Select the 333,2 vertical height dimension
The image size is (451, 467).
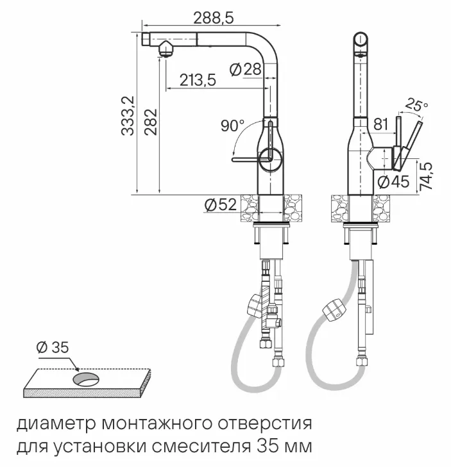coord(128,115)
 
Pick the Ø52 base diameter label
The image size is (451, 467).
coord(220,204)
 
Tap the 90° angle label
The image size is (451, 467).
coord(232,126)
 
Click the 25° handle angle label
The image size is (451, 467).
coord(418,104)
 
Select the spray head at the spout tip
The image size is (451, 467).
coord(165,49)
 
